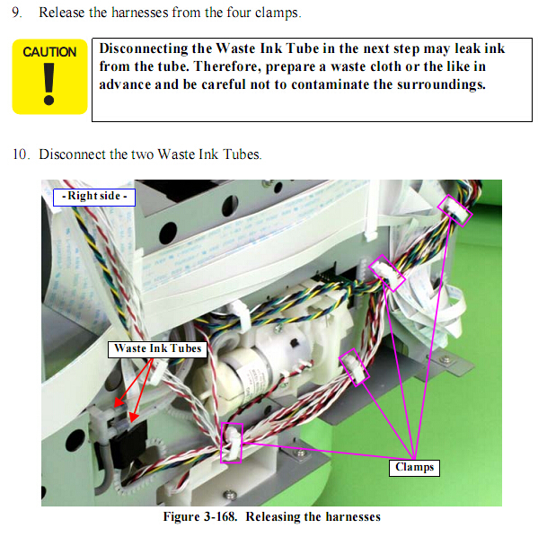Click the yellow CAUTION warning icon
[x=49, y=76]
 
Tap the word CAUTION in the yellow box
[x=49, y=52]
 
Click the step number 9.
[x=16, y=13]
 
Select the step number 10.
[x=21, y=154]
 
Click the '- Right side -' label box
[x=94, y=197]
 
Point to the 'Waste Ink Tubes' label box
[x=158, y=349]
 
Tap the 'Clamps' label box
[x=414, y=468]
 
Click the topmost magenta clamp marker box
[x=454, y=211]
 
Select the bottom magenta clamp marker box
[x=232, y=444]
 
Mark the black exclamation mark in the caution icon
[x=49, y=84]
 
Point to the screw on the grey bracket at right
[x=445, y=359]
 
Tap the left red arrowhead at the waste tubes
[x=119, y=402]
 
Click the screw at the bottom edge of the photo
[x=229, y=495]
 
